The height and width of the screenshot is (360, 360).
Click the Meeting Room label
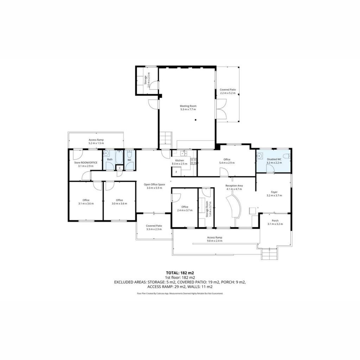(x=188, y=106)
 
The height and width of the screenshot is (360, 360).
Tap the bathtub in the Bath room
(x=119, y=157)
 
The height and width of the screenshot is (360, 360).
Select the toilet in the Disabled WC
(x=287, y=156)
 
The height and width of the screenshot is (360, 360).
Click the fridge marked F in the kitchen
(x=176, y=172)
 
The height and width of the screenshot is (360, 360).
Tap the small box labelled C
(x=120, y=168)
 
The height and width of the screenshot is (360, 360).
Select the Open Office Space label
(x=154, y=184)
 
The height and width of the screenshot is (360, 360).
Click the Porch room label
(x=275, y=221)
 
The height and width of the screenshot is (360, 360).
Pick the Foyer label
(x=274, y=192)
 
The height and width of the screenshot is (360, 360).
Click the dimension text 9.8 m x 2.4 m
(x=215, y=241)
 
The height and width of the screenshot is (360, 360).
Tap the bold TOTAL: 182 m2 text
(x=180, y=273)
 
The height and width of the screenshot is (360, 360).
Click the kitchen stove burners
(x=193, y=161)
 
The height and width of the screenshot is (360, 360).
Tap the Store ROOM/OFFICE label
(x=86, y=162)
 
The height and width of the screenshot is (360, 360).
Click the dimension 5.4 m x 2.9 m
(x=227, y=163)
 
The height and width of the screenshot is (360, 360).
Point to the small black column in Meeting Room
(x=195, y=120)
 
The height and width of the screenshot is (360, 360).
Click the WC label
(x=129, y=160)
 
